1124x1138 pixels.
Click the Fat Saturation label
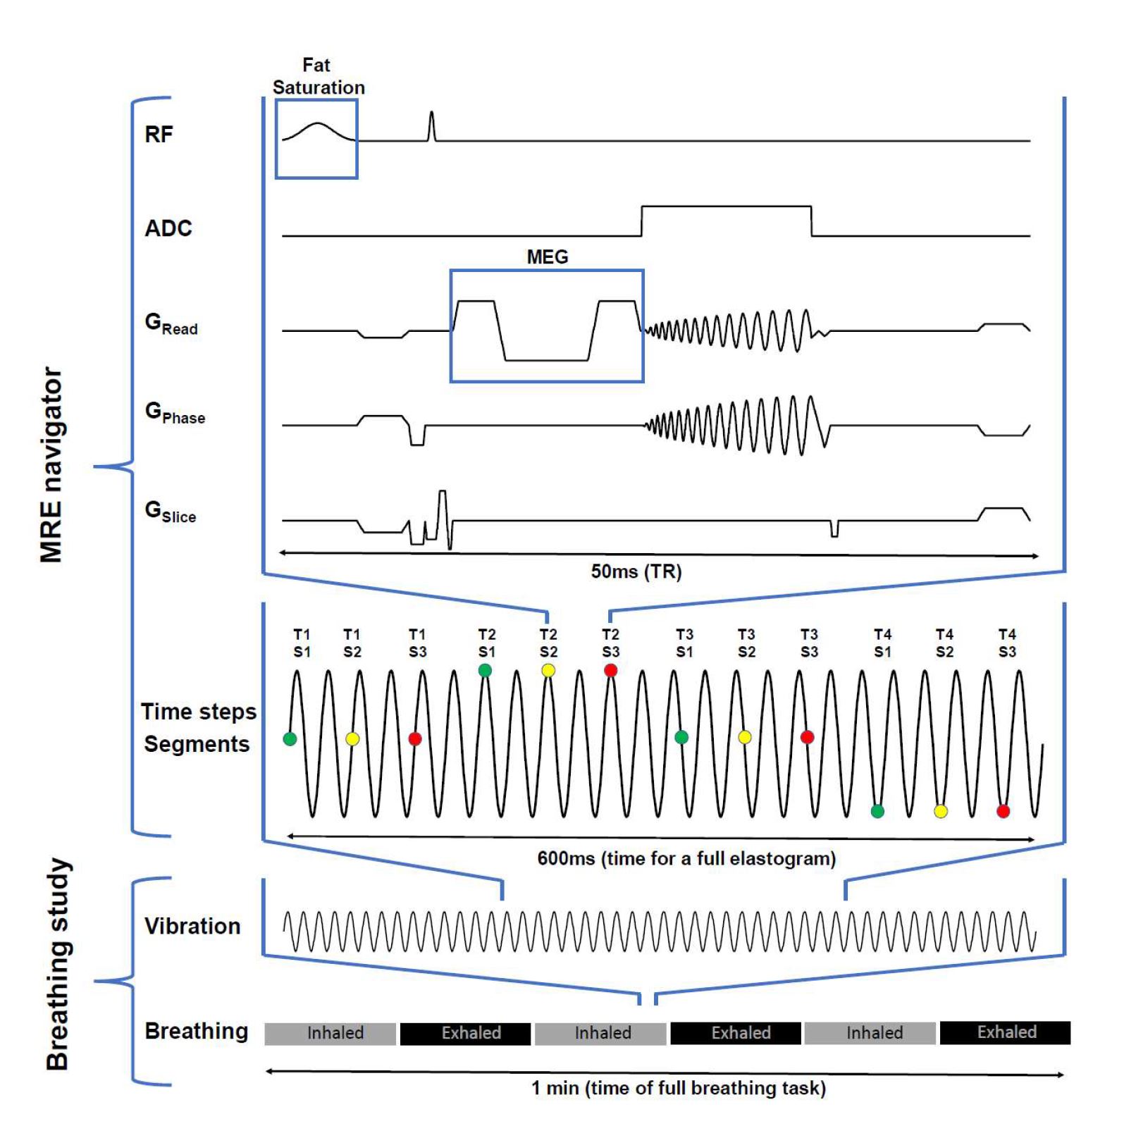(x=318, y=76)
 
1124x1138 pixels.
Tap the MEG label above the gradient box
(x=547, y=257)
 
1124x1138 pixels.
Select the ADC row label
(x=168, y=228)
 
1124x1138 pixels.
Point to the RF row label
(x=159, y=135)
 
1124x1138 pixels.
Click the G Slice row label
(x=170, y=512)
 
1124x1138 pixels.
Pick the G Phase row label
(x=174, y=413)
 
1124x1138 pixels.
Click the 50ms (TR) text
(x=636, y=571)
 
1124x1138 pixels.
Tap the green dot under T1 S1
(x=290, y=738)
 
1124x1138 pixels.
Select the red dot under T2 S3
(x=610, y=670)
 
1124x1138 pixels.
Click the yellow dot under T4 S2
(x=940, y=811)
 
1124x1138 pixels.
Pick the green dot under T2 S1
(x=485, y=670)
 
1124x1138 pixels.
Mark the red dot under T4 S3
(x=1003, y=811)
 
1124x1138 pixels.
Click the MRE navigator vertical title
(x=51, y=465)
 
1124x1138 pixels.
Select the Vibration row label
(x=192, y=926)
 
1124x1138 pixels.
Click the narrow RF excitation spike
(x=432, y=127)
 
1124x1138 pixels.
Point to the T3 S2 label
(x=746, y=643)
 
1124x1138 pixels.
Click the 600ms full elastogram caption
(x=686, y=858)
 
